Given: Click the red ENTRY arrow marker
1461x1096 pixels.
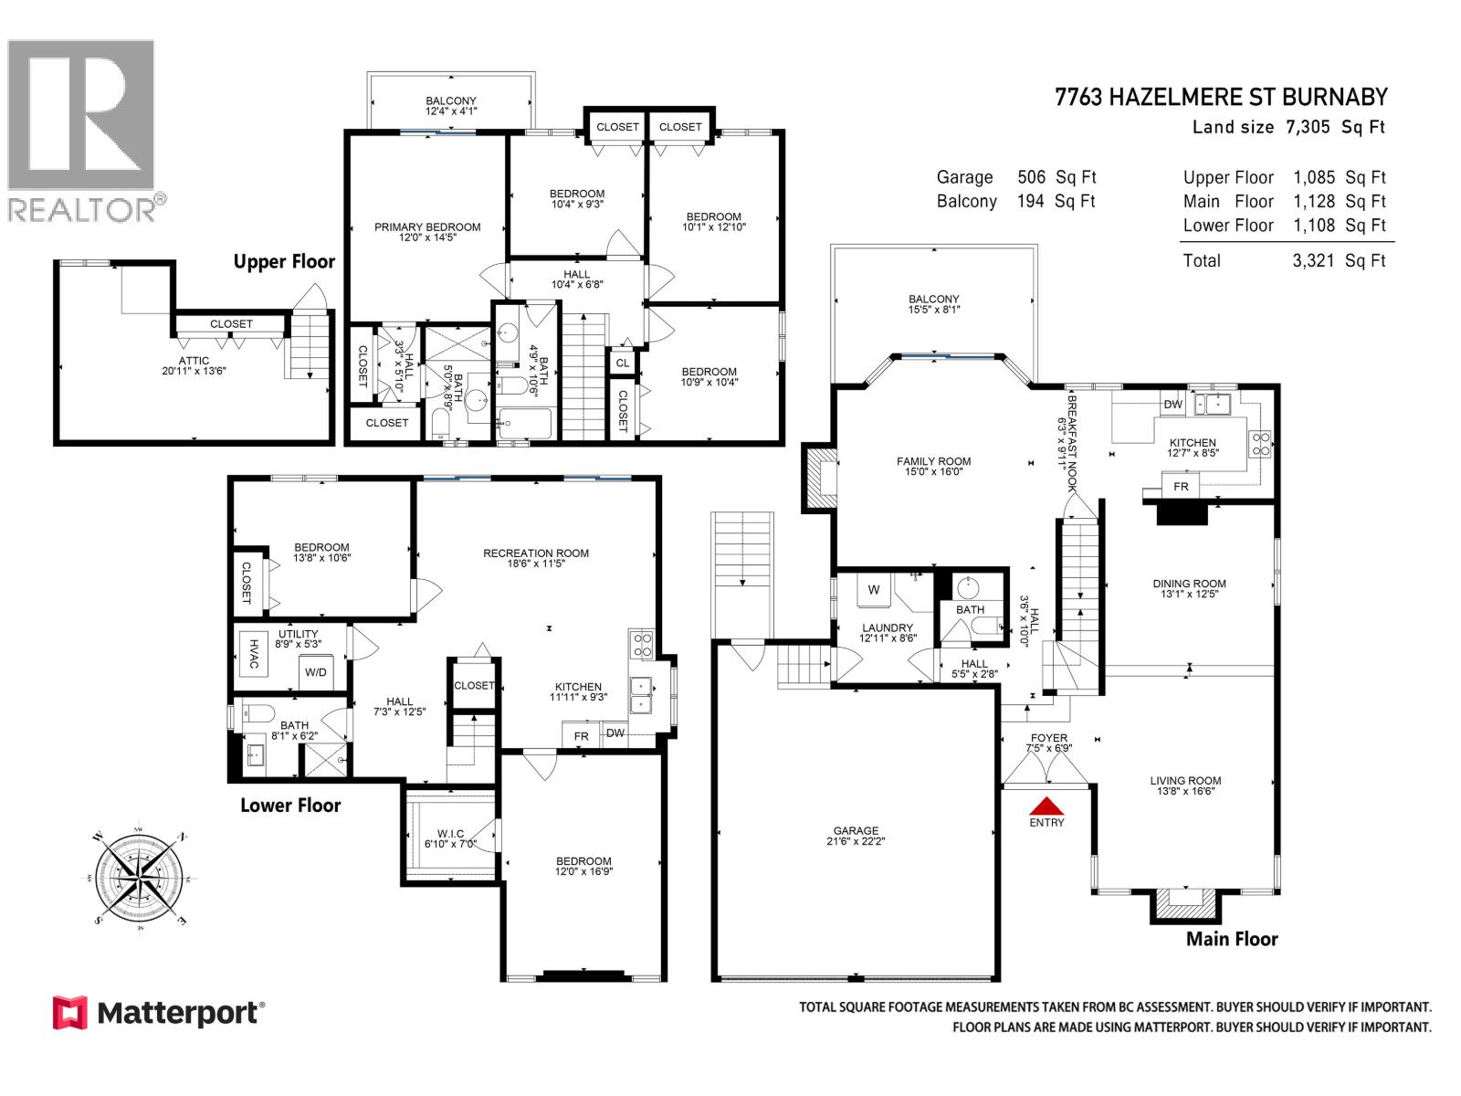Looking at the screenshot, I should pyautogui.click(x=1047, y=806).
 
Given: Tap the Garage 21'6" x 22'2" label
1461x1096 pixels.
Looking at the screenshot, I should pyautogui.click(x=856, y=837).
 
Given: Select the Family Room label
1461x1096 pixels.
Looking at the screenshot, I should pyautogui.click(x=933, y=467).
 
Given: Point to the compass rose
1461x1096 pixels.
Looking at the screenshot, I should pyautogui.click(x=140, y=879).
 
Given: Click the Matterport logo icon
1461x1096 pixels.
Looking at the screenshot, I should pyautogui.click(x=70, y=1013).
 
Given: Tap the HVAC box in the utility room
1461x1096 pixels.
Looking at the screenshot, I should pyautogui.click(x=254, y=654).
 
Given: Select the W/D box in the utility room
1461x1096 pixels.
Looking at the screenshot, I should pyautogui.click(x=316, y=672).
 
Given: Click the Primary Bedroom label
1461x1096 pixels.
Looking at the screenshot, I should pyautogui.click(x=427, y=232).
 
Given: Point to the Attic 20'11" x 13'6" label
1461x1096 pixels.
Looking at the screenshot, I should pyautogui.click(x=194, y=366).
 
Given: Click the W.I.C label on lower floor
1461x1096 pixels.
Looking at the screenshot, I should pyautogui.click(x=450, y=838).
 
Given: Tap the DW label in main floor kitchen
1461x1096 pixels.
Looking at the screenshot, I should pyautogui.click(x=1173, y=405).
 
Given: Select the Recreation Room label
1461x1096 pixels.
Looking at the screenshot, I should pyautogui.click(x=536, y=558).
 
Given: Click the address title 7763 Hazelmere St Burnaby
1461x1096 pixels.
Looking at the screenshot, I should pyautogui.click(x=1221, y=98).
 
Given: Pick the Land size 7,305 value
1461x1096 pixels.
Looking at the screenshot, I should pyautogui.click(x=1308, y=128).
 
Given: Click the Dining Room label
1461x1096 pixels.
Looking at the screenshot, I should pyautogui.click(x=1189, y=588).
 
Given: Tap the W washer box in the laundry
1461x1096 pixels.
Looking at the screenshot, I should pyautogui.click(x=874, y=590).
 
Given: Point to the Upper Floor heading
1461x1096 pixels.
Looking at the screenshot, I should pyautogui.click(x=284, y=262).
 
